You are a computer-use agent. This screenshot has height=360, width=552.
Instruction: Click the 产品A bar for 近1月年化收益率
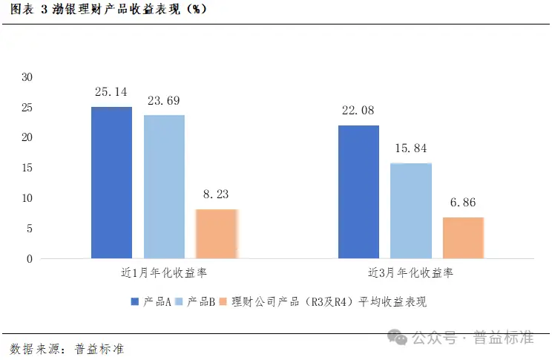(111, 183)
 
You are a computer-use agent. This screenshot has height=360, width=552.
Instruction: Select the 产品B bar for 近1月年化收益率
(164, 187)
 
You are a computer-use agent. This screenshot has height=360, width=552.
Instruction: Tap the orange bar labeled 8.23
(217, 234)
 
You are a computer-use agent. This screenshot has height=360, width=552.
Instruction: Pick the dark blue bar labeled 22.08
(358, 192)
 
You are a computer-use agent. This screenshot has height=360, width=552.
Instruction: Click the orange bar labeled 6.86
(463, 238)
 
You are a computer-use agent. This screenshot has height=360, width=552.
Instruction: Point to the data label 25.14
(111, 93)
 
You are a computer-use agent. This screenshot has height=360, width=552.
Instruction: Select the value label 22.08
(358, 111)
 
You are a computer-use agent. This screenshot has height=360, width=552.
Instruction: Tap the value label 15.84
(410, 148)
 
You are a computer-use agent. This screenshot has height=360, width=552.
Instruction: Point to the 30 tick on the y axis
(27, 76)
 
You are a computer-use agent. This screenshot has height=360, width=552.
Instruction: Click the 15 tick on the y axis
(27, 168)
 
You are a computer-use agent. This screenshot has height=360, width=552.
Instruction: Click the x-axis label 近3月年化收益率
(410, 273)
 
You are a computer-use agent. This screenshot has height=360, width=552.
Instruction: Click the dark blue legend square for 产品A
(134, 301)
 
